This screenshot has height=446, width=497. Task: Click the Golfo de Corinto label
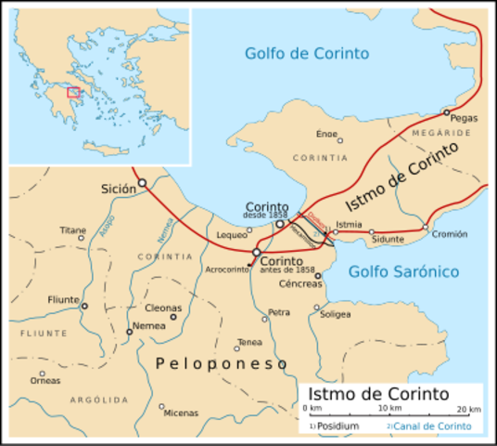(306, 52)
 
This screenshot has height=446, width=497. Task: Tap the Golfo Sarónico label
(403, 271)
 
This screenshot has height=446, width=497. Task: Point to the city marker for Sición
(142, 183)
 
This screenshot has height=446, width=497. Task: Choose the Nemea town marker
(129, 332)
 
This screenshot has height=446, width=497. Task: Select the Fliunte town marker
(84, 306)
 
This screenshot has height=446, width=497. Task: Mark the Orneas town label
(45, 379)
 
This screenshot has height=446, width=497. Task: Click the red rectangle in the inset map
(73, 92)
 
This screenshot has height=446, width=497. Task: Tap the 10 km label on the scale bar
(389, 409)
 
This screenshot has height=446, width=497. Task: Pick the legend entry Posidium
(336, 426)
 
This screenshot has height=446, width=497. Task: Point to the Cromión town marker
(426, 227)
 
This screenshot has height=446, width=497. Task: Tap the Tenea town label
(249, 341)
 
